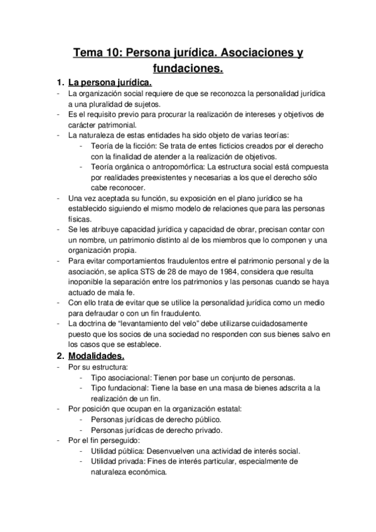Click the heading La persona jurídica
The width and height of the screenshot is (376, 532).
click(110, 82)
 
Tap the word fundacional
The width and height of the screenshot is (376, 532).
click(131, 388)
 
